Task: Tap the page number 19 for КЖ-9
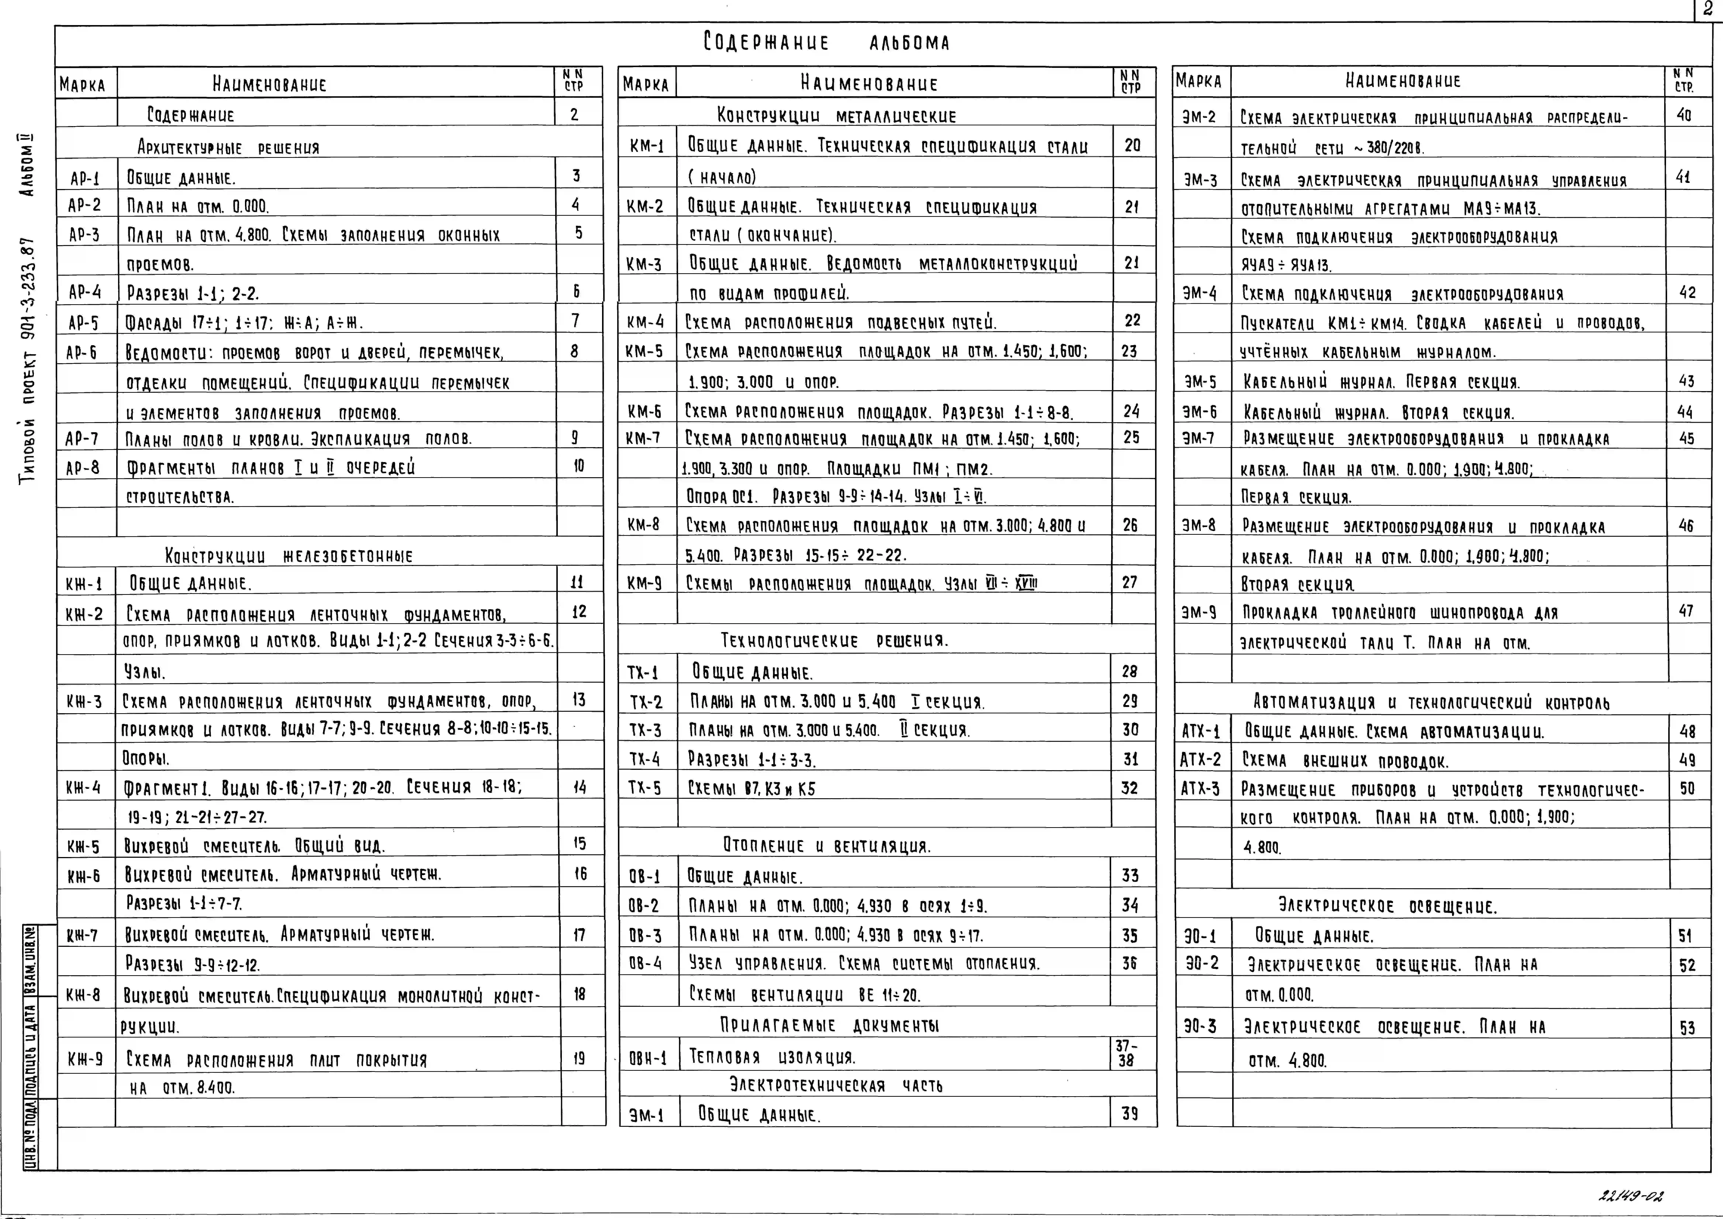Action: pos(579,1058)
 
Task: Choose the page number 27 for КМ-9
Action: pos(1130,582)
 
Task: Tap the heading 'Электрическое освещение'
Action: pos(1387,906)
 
